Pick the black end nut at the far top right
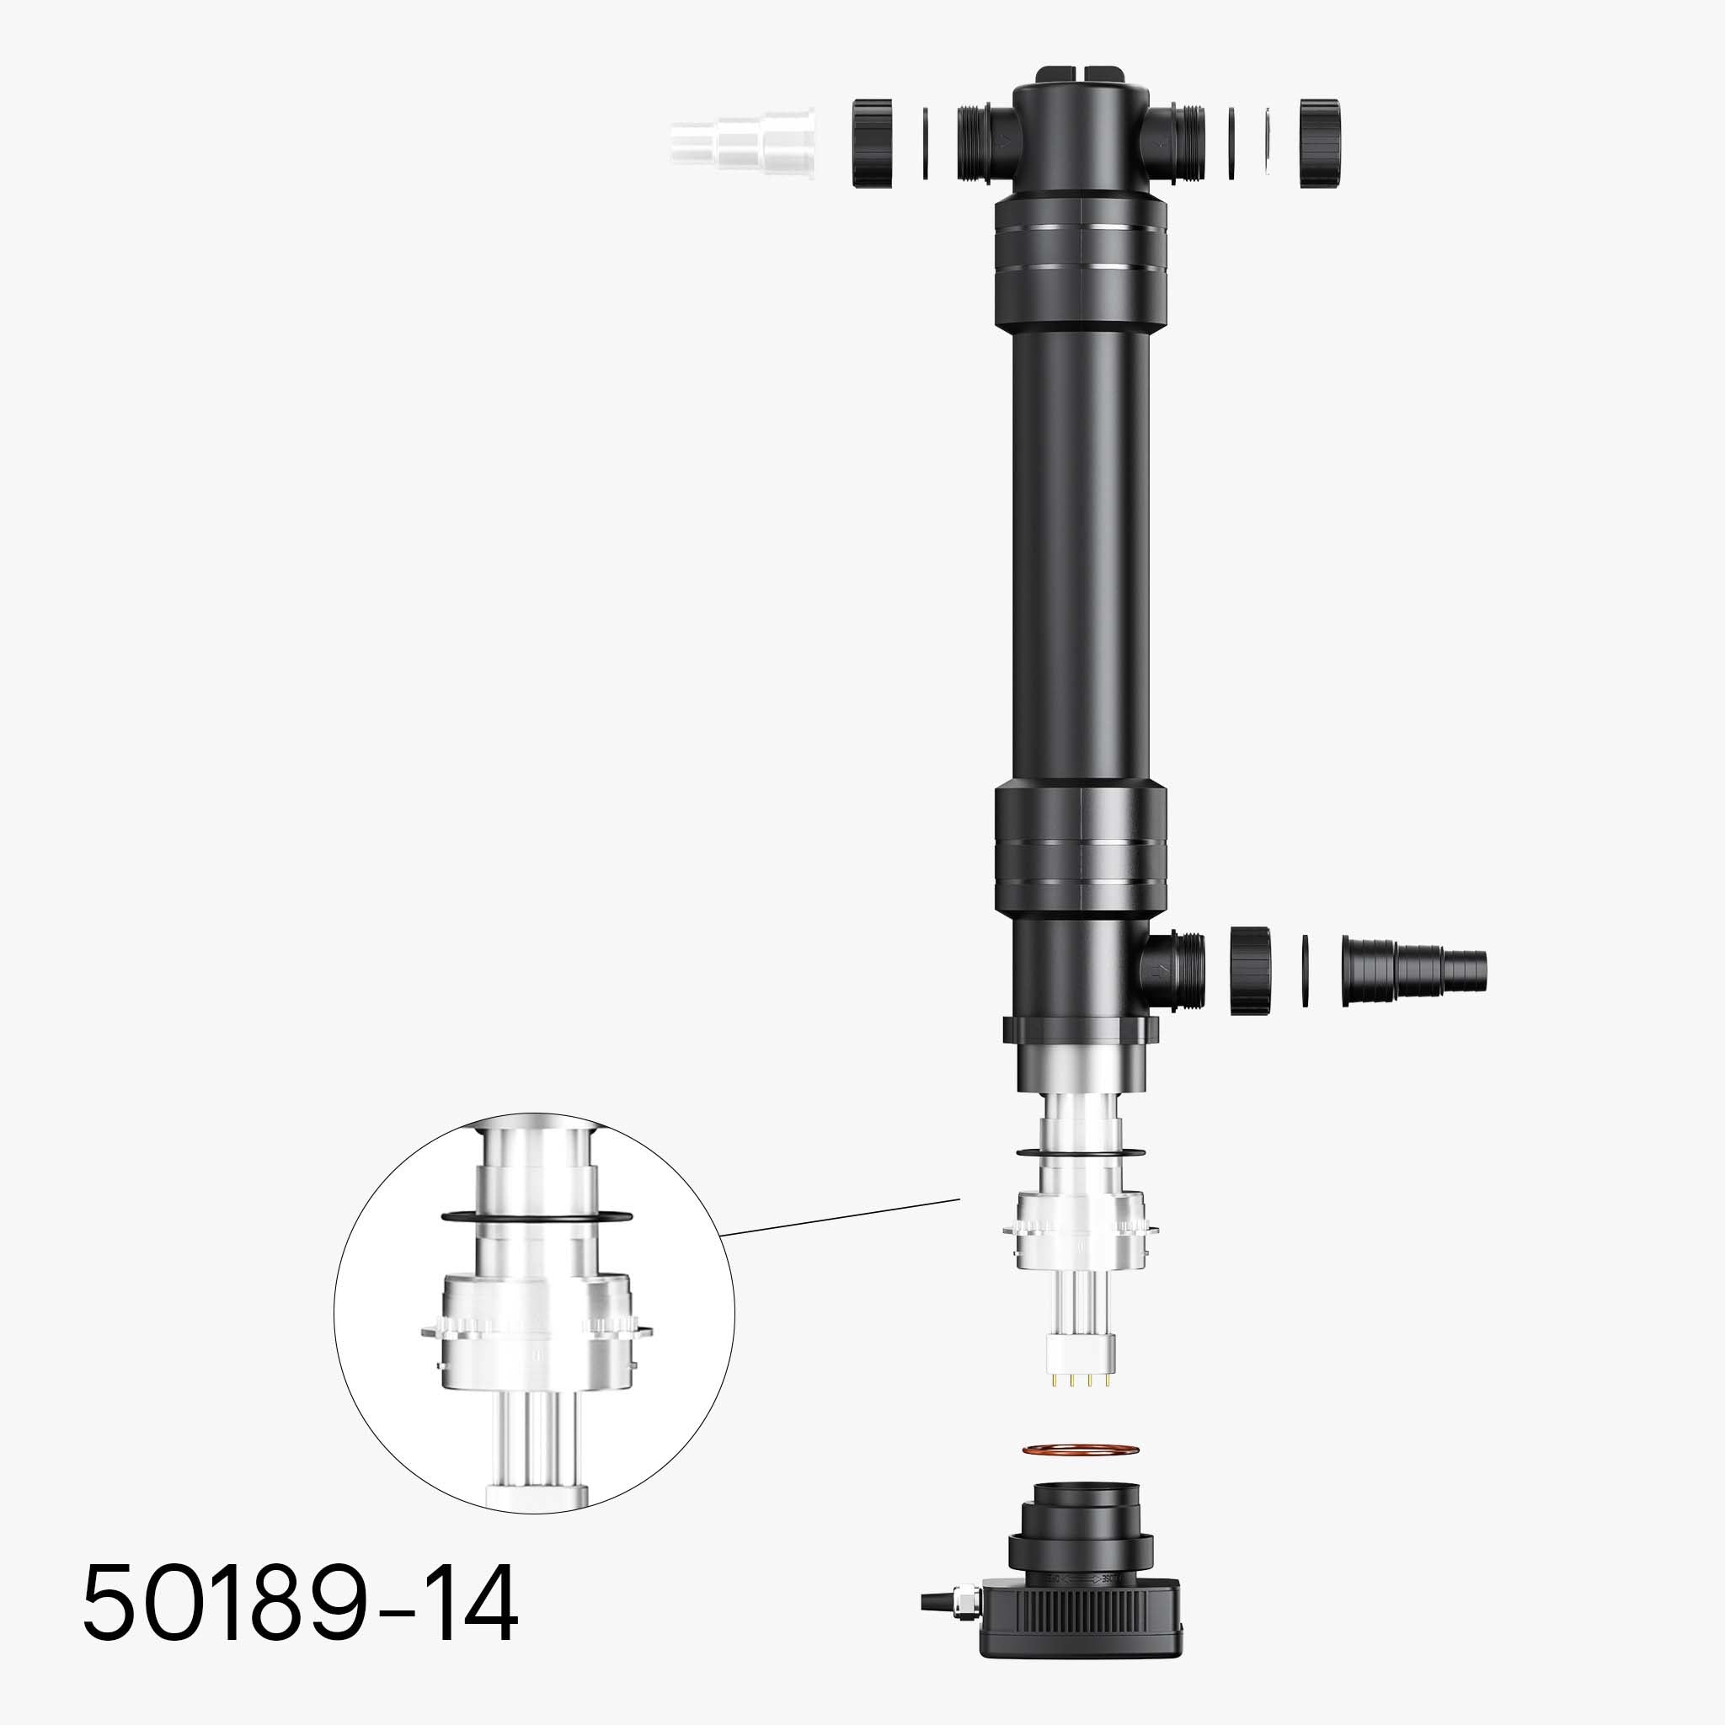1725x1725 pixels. (x=1319, y=143)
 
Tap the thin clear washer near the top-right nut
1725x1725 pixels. (x=1268, y=143)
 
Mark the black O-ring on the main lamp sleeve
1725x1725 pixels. (x=1081, y=1153)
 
